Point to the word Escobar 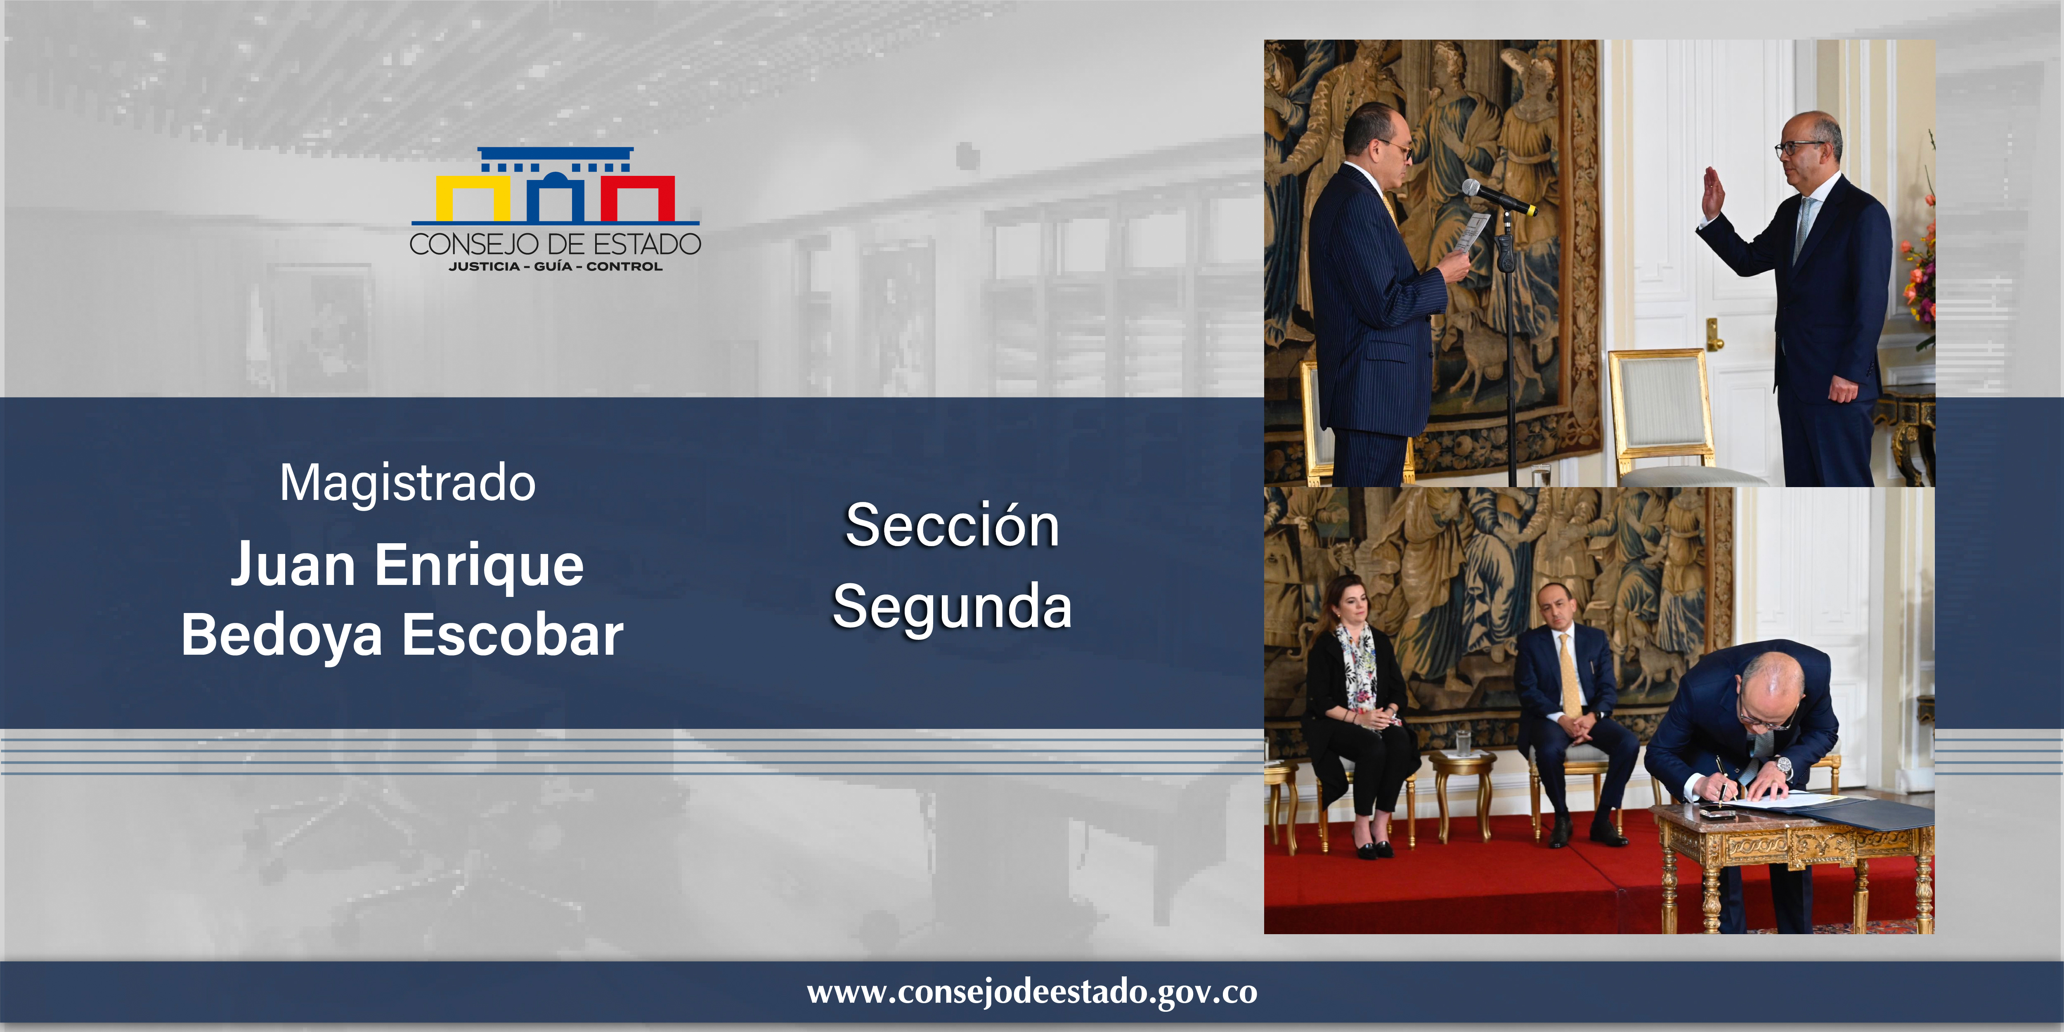point(513,634)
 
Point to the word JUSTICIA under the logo point(484,267)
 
